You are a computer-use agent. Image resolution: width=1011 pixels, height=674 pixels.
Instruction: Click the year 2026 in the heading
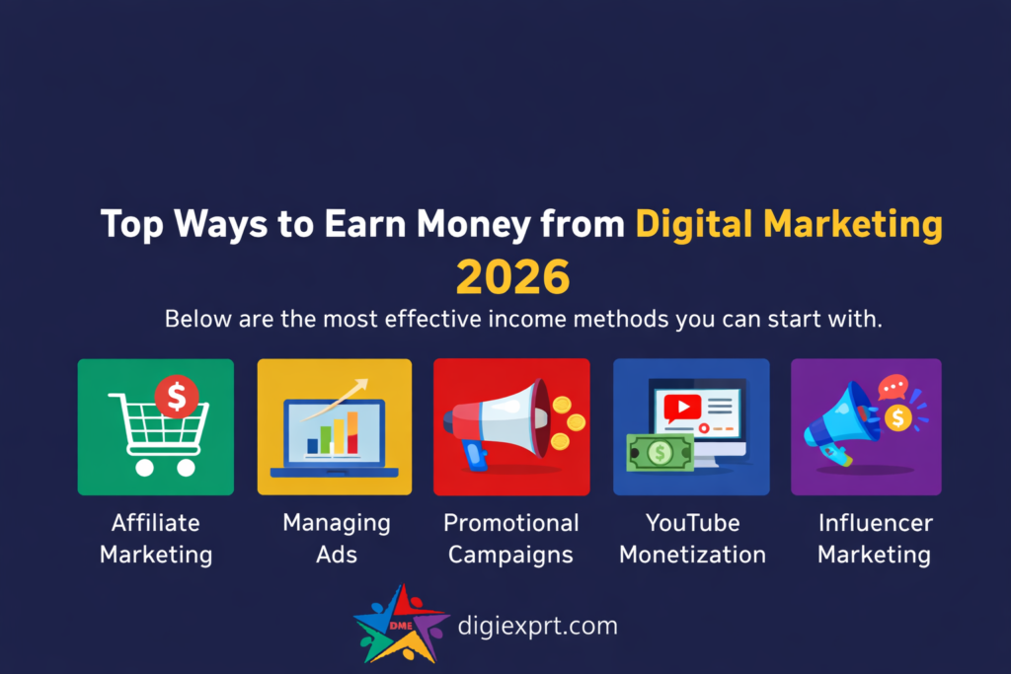(512, 278)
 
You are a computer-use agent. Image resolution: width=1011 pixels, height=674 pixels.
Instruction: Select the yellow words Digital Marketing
(788, 225)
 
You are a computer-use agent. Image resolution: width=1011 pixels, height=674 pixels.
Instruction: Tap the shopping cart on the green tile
(158, 434)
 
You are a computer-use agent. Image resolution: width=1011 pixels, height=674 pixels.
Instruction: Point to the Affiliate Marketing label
(156, 538)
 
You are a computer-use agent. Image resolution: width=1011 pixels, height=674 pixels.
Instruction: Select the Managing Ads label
(337, 538)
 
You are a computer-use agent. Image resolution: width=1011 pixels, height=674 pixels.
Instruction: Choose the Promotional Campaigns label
(510, 538)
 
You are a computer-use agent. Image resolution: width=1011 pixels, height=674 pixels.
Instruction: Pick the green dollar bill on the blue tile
(660, 452)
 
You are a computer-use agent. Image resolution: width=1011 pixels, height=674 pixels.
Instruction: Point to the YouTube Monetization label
(692, 538)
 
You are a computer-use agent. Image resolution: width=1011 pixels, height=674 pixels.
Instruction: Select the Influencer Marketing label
(874, 538)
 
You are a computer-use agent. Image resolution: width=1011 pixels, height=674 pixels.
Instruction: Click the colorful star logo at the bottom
(401, 624)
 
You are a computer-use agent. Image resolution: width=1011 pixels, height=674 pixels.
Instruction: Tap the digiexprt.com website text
(538, 625)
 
